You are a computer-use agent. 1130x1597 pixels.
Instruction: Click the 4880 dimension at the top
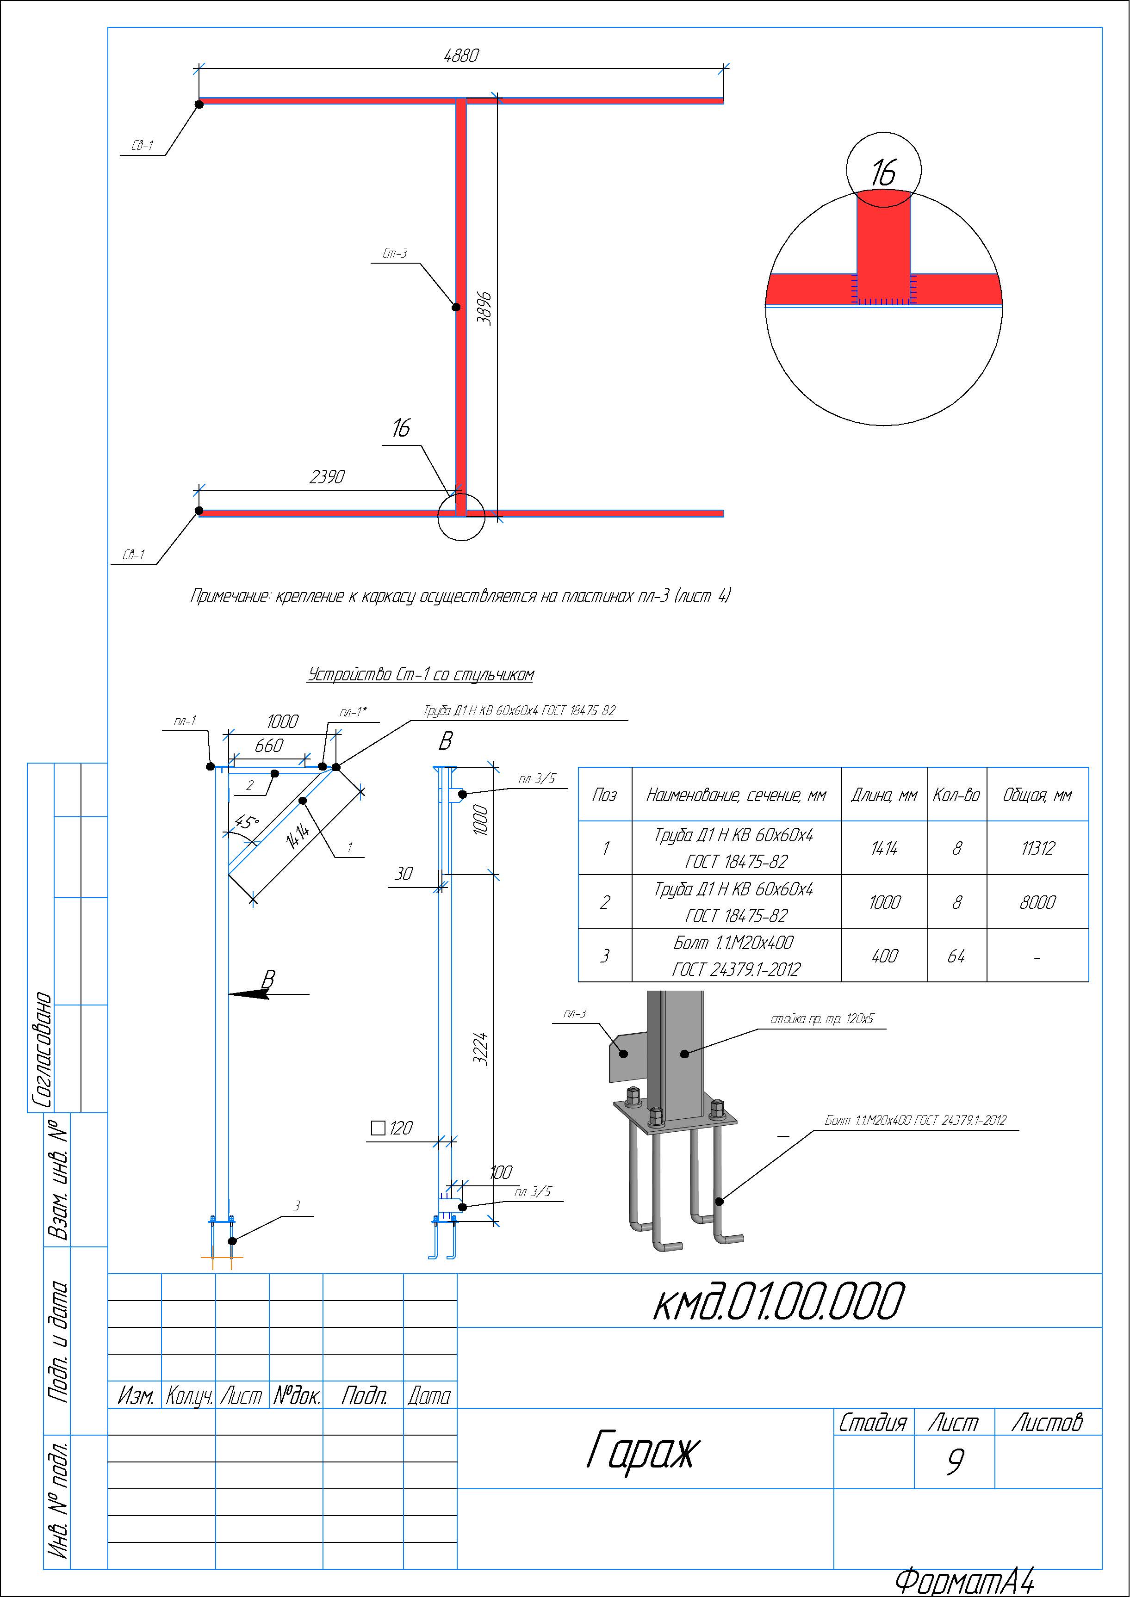tap(461, 55)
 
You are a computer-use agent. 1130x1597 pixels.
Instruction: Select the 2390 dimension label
tap(327, 476)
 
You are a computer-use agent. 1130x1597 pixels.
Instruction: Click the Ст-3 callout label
tap(395, 253)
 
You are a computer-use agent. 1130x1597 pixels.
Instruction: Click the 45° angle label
tap(248, 823)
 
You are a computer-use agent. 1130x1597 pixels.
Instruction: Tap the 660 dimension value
tap(268, 746)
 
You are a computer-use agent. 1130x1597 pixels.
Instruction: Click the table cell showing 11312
tap(1037, 848)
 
